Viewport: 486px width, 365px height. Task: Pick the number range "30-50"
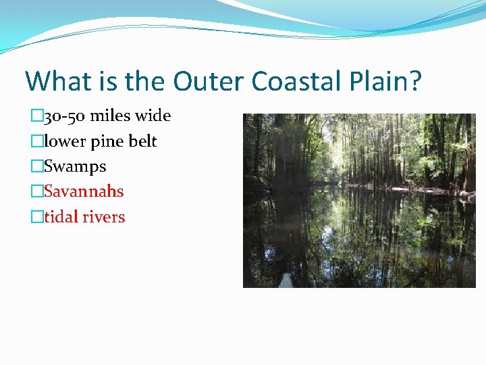pyautogui.click(x=65, y=116)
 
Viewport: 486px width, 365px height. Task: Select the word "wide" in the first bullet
pyautogui.click(x=153, y=116)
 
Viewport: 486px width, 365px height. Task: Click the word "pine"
pyautogui.click(x=105, y=142)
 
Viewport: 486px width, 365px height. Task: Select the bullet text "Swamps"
pyautogui.click(x=75, y=166)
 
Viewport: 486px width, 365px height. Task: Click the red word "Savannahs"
pyautogui.click(x=84, y=191)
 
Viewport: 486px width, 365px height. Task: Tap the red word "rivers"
pyautogui.click(x=105, y=217)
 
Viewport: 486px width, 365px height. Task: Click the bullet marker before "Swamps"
pyautogui.click(x=37, y=166)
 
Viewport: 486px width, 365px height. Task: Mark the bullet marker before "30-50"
pyautogui.click(x=37, y=116)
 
